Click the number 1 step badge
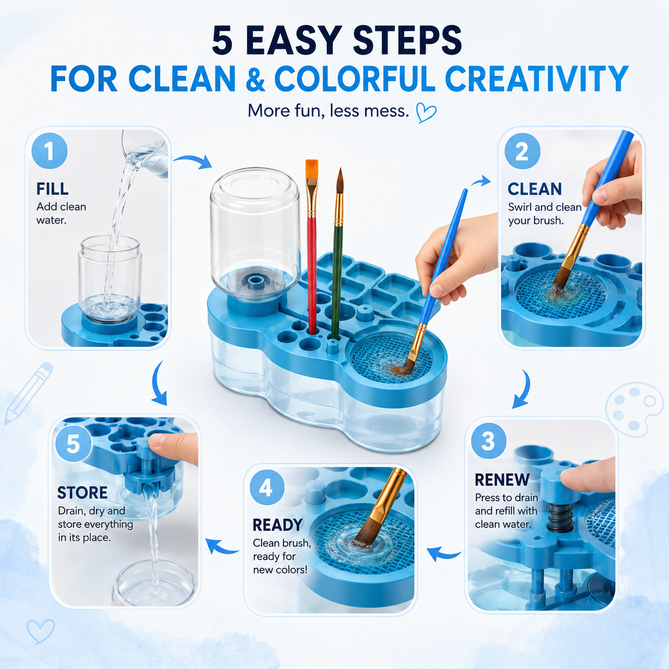point(49,150)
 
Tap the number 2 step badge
point(522,151)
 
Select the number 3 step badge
point(489,441)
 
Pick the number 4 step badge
point(266,488)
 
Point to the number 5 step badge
point(73,444)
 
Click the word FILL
point(52,189)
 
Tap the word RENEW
point(502,480)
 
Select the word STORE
point(82,492)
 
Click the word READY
point(277,525)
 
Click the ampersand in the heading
point(255,78)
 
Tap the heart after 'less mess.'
point(426,113)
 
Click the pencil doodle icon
point(28,393)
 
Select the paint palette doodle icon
point(630,409)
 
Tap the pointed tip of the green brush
point(340,169)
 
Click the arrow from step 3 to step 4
point(443,553)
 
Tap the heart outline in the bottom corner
point(41,631)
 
